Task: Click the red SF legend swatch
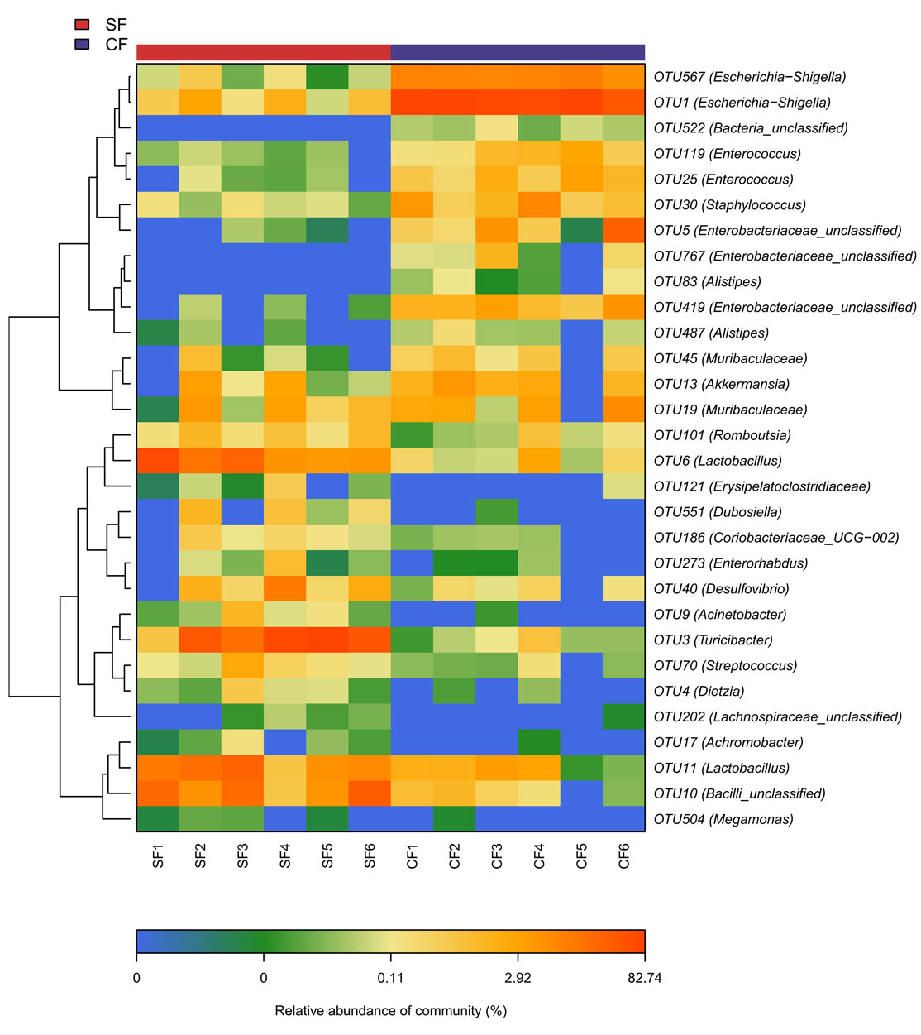click(x=82, y=24)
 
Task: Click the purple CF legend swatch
click(x=82, y=44)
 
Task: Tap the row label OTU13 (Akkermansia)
click(x=721, y=384)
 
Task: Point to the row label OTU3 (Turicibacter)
click(x=713, y=640)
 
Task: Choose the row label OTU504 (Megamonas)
click(x=723, y=820)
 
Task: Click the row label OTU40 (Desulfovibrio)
click(x=721, y=589)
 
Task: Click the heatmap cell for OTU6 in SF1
click(x=158, y=461)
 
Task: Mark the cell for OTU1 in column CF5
click(x=581, y=103)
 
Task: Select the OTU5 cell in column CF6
click(x=623, y=231)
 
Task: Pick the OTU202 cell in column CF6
click(x=623, y=717)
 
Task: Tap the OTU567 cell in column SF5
click(x=327, y=77)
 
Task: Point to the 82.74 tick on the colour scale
click(x=644, y=979)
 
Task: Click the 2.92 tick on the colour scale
click(x=518, y=979)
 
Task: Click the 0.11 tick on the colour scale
click(x=390, y=979)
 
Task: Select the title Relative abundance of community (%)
click(x=390, y=1011)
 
